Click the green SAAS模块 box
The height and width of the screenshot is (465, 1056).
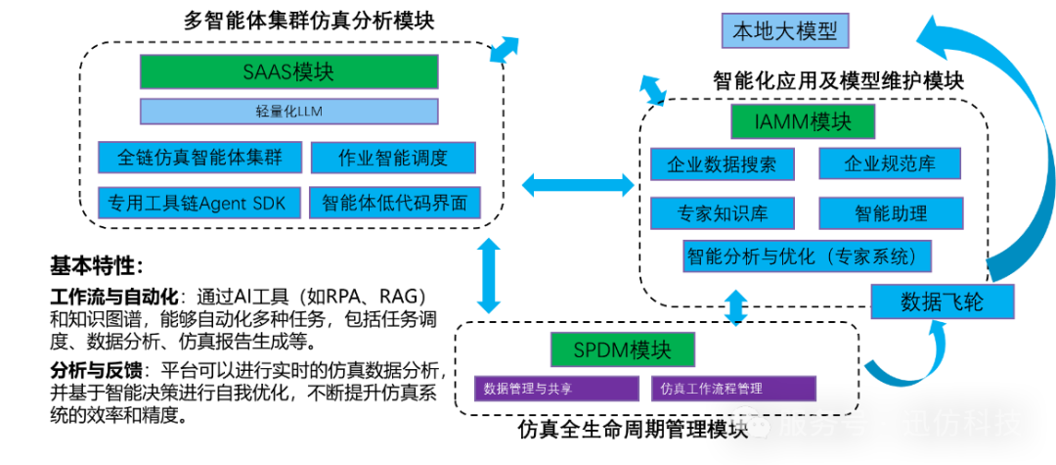288,71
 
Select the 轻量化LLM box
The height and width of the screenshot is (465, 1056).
288,111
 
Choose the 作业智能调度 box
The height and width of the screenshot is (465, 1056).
392,158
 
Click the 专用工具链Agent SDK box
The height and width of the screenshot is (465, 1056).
198,204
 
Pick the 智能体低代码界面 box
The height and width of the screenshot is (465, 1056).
394,204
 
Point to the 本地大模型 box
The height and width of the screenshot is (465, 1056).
785,30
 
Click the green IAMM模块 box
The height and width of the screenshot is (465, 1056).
803,121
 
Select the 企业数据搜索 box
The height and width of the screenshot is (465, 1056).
722,163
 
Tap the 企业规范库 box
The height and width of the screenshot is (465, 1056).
890,163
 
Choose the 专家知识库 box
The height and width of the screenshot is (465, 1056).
722,212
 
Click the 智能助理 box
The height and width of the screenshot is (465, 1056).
890,212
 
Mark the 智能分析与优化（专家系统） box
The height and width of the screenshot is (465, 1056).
807,256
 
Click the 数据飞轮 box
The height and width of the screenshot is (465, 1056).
942,302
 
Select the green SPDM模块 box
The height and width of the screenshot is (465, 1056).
623,349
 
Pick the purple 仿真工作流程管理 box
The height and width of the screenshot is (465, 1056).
733,389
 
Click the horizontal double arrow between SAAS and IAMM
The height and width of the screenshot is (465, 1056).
578,183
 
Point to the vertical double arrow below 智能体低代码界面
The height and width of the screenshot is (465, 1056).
487,275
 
